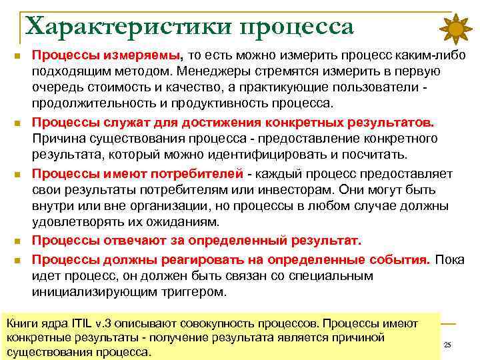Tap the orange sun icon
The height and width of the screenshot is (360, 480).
pos(457,29)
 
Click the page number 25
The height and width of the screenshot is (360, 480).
pos(447,345)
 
